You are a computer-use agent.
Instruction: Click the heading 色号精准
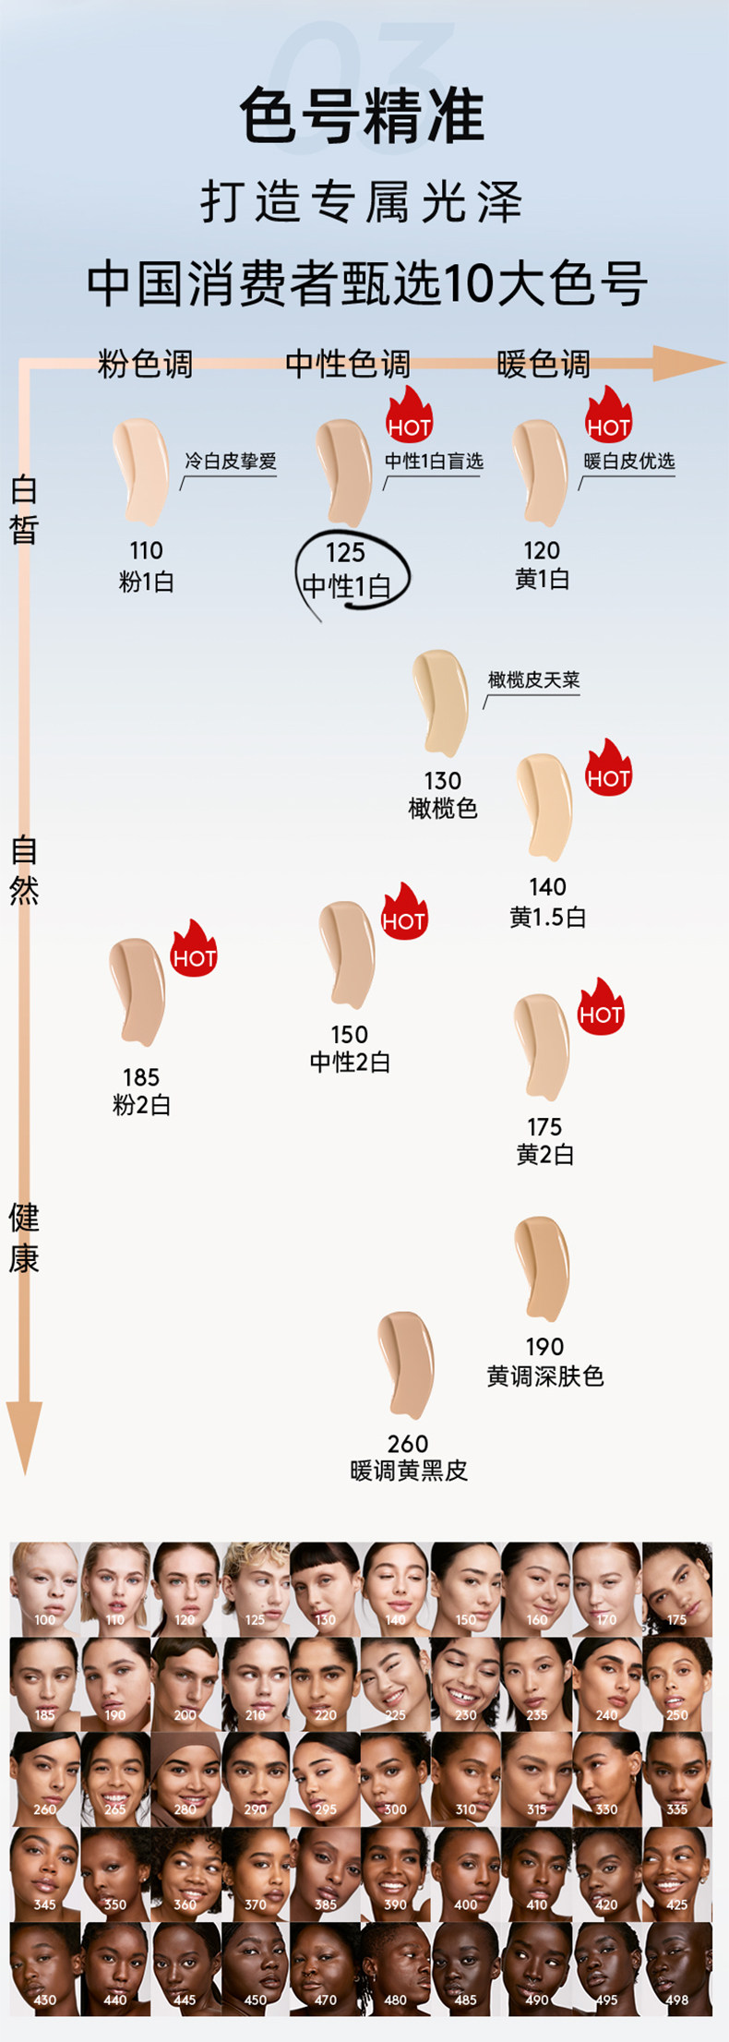point(362,117)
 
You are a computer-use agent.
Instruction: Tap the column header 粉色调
point(145,364)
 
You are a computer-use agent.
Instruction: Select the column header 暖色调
point(543,364)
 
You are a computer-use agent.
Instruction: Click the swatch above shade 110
point(141,470)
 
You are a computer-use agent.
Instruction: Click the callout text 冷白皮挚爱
point(231,462)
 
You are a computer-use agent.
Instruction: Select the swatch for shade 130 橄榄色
point(440,701)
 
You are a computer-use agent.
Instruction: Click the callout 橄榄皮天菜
point(533,680)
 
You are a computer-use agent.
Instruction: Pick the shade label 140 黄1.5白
point(547,902)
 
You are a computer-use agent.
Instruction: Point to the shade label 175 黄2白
point(544,1140)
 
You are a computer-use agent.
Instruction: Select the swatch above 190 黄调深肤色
point(542,1267)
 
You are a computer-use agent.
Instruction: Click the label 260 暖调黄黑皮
point(408,1457)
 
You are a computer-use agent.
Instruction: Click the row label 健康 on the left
point(24,1238)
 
